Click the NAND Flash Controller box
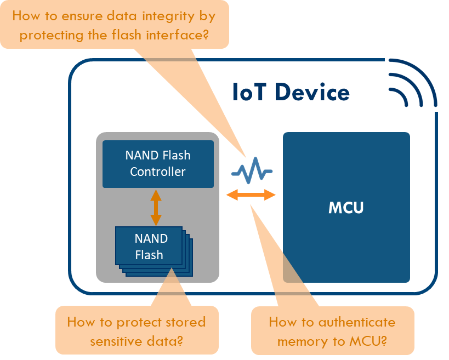[158, 164]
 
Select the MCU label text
[346, 208]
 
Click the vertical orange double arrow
[156, 208]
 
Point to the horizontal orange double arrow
[251, 195]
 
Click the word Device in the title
[312, 92]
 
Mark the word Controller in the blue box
[158, 172]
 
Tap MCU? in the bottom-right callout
[368, 341]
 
